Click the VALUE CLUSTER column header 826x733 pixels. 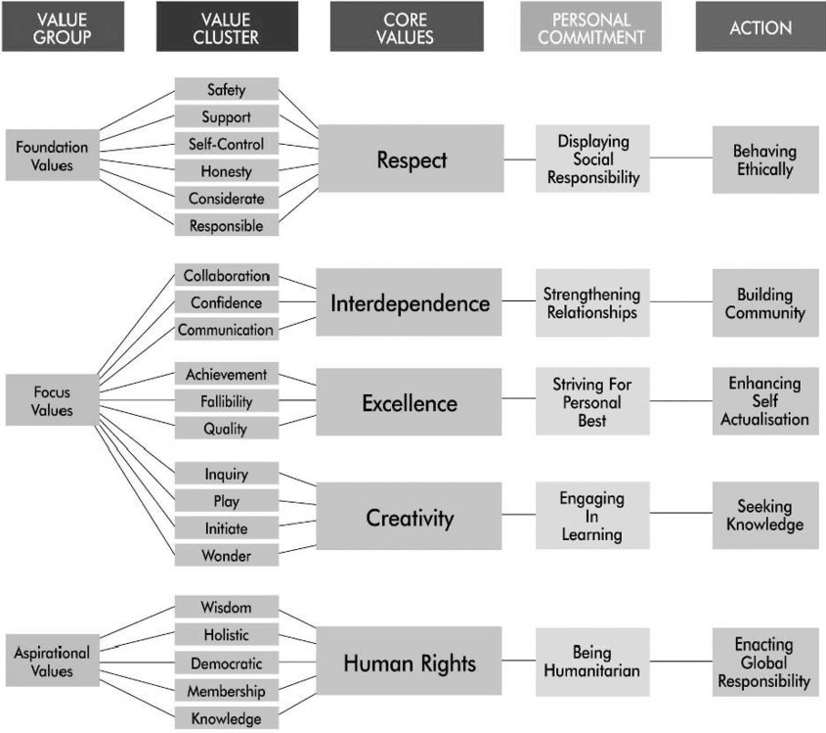pos(226,26)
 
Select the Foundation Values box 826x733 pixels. pos(52,156)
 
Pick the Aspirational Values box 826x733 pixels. pos(52,661)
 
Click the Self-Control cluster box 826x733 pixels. pos(226,144)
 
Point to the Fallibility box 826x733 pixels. pos(226,401)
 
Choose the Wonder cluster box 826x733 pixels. pos(226,555)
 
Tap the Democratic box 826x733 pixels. pos(226,664)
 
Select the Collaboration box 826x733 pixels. pos(226,276)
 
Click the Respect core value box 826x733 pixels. pos(411,159)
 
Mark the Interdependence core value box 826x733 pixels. pos(411,302)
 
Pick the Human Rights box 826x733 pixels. pos(411,664)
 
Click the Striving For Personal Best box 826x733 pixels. pos(592,401)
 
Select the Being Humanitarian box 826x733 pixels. pos(592,662)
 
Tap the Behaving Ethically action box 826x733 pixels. pos(764,160)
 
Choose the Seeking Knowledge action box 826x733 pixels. pos(764,515)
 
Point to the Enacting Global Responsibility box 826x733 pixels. pos(764,662)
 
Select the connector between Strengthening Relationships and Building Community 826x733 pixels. pos(680,302)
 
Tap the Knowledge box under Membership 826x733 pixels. pos(226,718)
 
